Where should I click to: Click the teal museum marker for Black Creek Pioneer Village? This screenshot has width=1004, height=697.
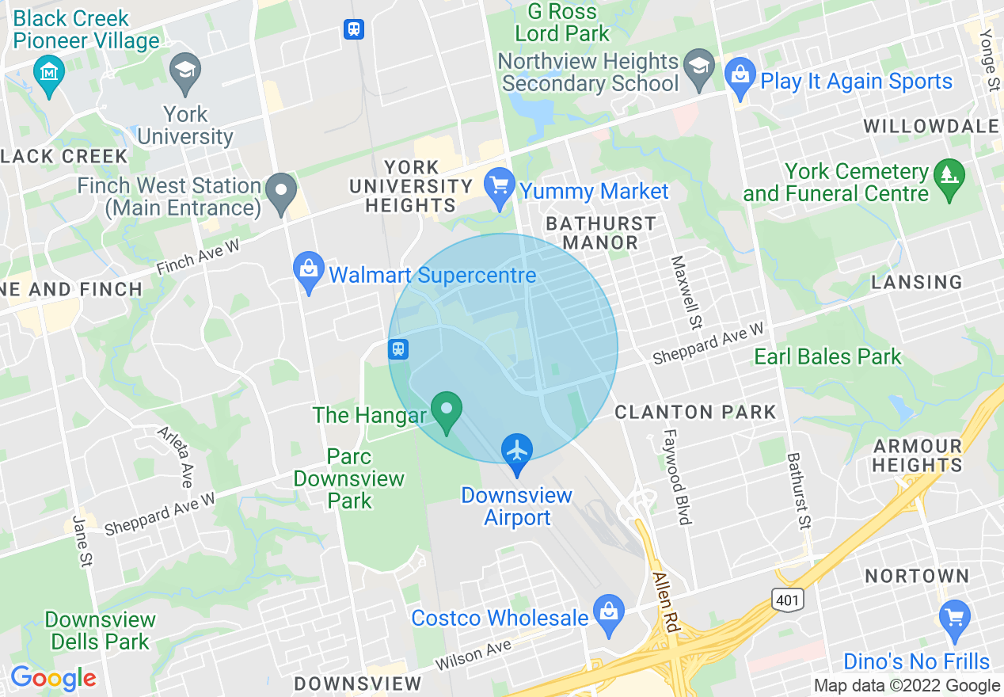pyautogui.click(x=49, y=74)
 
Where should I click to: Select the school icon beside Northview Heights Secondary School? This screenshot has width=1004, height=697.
pyautogui.click(x=699, y=70)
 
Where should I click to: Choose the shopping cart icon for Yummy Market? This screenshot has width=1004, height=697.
pyautogui.click(x=499, y=188)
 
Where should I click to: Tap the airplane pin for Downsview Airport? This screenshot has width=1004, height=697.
pyautogui.click(x=516, y=453)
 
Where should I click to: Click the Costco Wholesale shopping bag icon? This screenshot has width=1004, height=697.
pyautogui.click(x=608, y=615)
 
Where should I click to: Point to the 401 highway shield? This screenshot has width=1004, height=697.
pyautogui.click(x=787, y=600)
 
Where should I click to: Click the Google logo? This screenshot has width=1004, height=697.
pyautogui.click(x=52, y=678)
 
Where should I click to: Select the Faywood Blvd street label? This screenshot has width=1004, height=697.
pyautogui.click(x=678, y=477)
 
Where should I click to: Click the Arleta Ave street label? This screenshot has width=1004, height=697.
pyautogui.click(x=176, y=457)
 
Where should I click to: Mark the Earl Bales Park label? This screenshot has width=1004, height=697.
pyautogui.click(x=827, y=357)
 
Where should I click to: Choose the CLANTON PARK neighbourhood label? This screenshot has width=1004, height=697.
pyautogui.click(x=695, y=412)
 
